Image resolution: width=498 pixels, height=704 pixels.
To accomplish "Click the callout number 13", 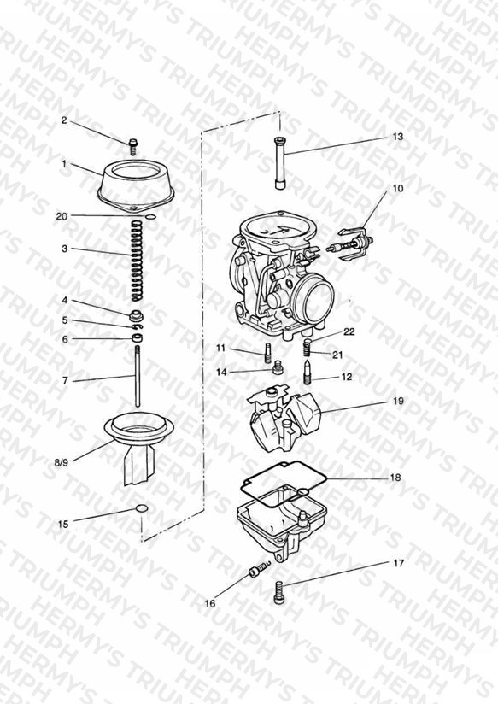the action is tap(398, 137).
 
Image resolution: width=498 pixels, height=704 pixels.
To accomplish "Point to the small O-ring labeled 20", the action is tap(151, 217).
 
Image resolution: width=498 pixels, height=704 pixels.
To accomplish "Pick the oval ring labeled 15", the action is tap(142, 508).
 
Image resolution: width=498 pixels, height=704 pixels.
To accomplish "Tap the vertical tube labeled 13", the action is tap(279, 163).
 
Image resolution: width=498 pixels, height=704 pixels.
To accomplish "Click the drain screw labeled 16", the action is tap(260, 567).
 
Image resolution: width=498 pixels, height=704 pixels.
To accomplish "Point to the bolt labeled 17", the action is tap(278, 592).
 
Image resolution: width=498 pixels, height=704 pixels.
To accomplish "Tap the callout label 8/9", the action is tap(61, 461).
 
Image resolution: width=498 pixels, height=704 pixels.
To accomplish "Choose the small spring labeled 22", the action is tap(308, 348).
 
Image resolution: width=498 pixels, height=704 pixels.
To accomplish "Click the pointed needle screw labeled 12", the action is tap(308, 372).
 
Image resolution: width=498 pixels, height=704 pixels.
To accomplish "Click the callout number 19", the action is tap(398, 401).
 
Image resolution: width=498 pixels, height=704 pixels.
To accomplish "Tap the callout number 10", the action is tap(398, 188).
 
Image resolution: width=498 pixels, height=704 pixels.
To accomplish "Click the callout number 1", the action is tap(64, 164).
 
